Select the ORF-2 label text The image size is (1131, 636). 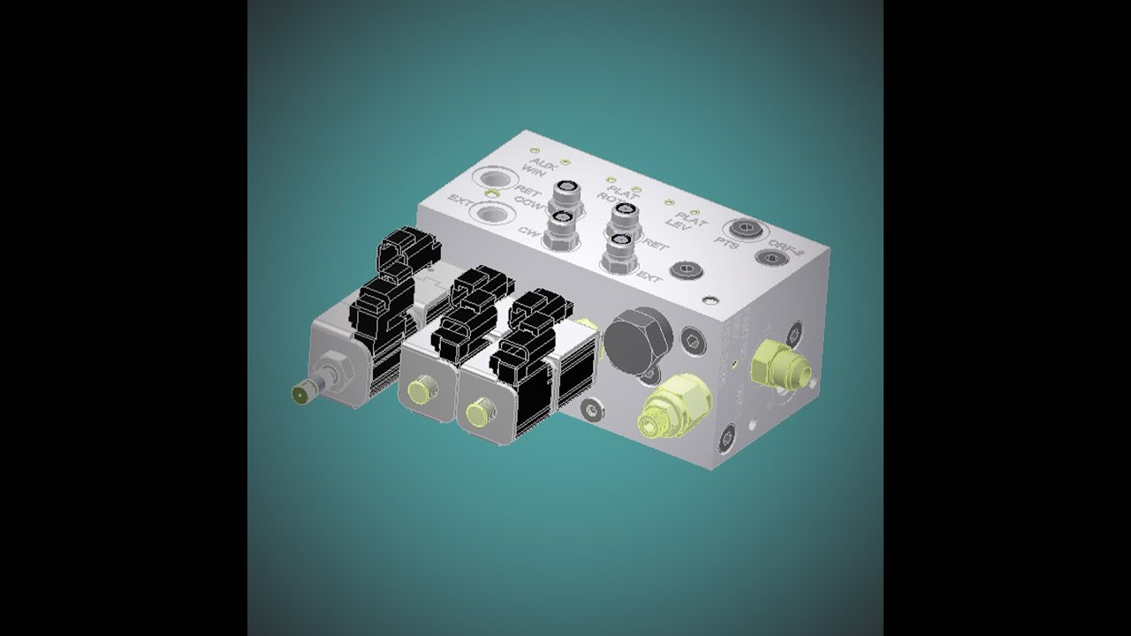click(785, 249)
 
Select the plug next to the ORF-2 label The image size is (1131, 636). click(768, 259)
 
